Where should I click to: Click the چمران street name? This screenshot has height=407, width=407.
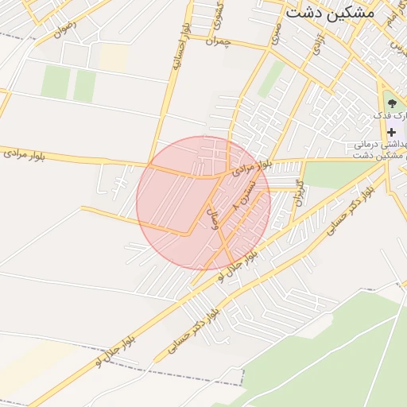(x=215, y=41)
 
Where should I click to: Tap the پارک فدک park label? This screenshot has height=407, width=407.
(x=393, y=116)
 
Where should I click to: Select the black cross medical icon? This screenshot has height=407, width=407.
(x=390, y=132)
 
